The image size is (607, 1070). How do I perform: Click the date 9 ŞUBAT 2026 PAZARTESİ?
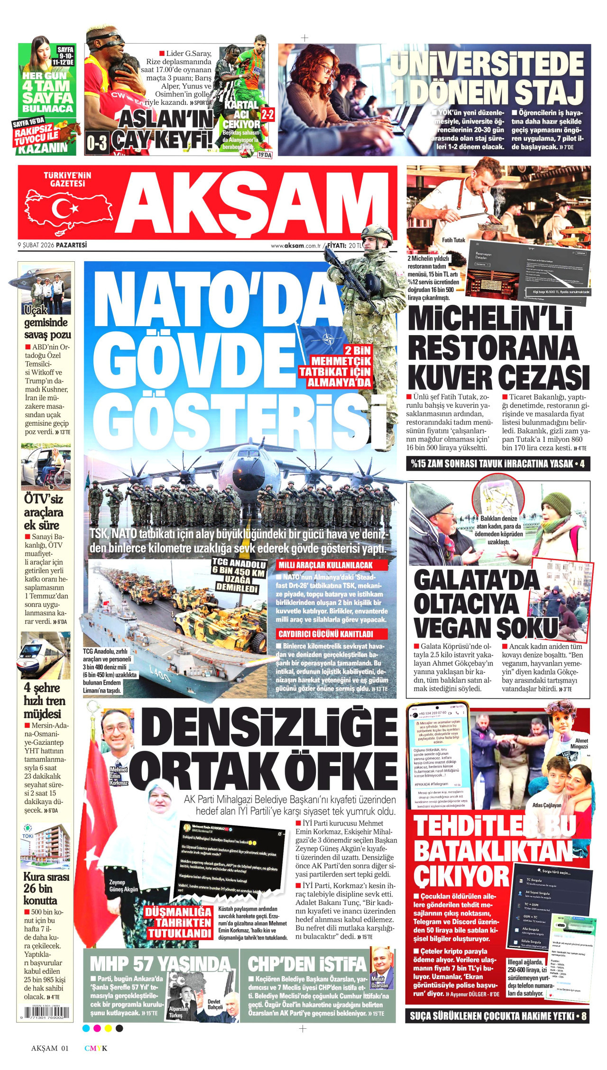(53, 245)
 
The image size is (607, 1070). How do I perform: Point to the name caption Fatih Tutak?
(453, 240)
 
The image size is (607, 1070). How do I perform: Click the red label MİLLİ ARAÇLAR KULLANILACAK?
(331, 565)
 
